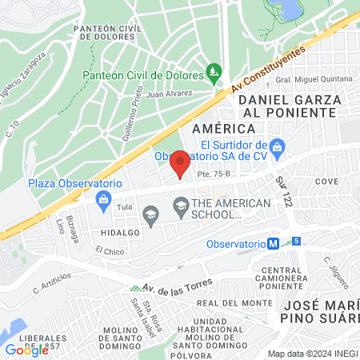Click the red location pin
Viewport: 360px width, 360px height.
[x=180, y=163]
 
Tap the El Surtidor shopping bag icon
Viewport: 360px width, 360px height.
[x=277, y=146]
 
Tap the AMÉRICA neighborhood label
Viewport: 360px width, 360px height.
[x=212, y=127]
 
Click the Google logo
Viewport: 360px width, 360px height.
[x=26, y=350]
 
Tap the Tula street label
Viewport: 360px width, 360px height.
[x=124, y=206]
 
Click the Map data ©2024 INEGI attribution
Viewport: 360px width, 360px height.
[x=312, y=354]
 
